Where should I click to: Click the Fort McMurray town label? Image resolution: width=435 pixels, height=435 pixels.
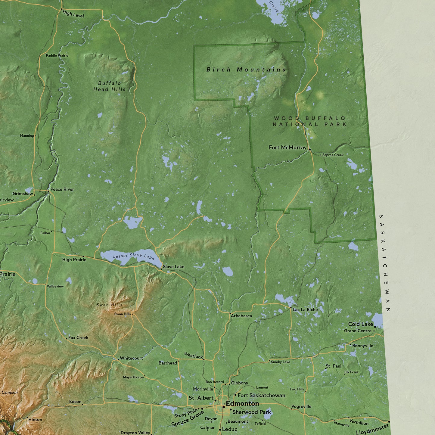point(287,148)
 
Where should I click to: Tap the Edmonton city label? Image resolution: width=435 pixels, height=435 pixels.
point(242,403)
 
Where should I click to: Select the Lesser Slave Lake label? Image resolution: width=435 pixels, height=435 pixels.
point(134,256)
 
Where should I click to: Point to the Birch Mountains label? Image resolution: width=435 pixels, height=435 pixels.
point(246,70)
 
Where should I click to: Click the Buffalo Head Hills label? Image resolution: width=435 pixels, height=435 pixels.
point(109,86)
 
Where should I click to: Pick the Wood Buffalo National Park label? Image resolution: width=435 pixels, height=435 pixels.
point(309,121)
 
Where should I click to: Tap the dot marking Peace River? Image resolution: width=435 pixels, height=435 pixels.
point(48,191)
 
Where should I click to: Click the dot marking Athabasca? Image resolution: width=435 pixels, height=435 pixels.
point(230,314)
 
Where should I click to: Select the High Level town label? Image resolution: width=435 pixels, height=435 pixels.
point(73,14)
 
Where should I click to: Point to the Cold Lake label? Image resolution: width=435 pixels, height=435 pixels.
point(360,324)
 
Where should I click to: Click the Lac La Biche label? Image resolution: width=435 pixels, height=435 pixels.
point(305,309)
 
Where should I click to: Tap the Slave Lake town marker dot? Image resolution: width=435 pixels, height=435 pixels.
point(161,269)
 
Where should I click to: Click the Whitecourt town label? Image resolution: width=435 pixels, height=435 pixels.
point(131,358)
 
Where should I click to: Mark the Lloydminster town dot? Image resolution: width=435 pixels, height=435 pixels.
point(389,422)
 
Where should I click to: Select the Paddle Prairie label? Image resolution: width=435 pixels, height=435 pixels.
point(57,55)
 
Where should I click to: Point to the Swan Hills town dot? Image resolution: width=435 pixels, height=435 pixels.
point(132,315)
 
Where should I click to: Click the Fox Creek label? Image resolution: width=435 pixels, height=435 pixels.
point(78,337)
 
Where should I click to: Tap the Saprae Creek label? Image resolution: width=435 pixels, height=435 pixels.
point(333,155)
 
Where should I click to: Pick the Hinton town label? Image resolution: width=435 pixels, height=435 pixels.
point(35,419)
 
